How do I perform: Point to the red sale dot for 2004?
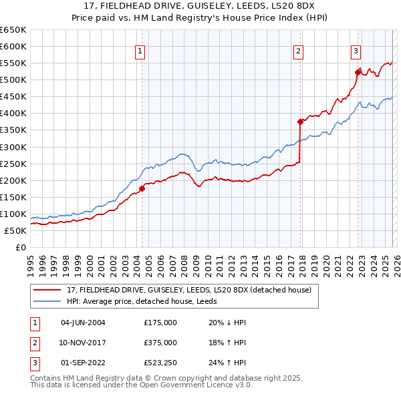click(142, 188)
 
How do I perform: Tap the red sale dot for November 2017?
click(300, 122)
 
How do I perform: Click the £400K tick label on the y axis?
click(13, 114)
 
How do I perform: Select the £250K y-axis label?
click(13, 164)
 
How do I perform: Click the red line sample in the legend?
click(47, 290)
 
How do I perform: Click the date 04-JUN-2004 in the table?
click(83, 323)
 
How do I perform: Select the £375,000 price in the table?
click(160, 343)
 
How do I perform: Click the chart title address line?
click(200, 8)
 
